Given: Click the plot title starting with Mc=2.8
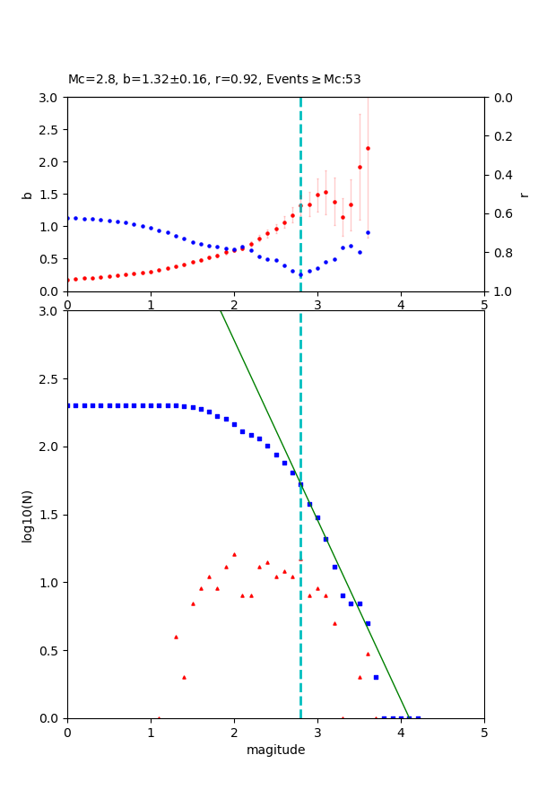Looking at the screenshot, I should [x=214, y=80].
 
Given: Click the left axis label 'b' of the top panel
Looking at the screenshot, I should [x=27, y=195].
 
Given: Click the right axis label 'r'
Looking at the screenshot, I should [x=525, y=195].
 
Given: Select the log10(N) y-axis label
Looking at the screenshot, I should [x=27, y=515].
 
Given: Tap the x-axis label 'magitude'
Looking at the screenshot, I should [x=275, y=751].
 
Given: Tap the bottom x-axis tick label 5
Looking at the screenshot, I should [x=484, y=732].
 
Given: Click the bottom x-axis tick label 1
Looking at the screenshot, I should [x=151, y=732].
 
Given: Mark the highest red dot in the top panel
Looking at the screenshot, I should [x=368, y=148].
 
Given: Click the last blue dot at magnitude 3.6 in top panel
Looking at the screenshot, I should [x=368, y=232].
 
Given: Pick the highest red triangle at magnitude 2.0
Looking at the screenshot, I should [x=234, y=554].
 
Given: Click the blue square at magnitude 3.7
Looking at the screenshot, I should [x=376, y=677].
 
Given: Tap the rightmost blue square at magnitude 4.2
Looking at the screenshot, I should [x=418, y=718].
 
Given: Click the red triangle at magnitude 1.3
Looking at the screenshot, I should [x=176, y=637].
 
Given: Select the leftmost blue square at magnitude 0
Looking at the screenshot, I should [x=68, y=405].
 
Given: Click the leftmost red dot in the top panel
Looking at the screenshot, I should [x=68, y=280].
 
